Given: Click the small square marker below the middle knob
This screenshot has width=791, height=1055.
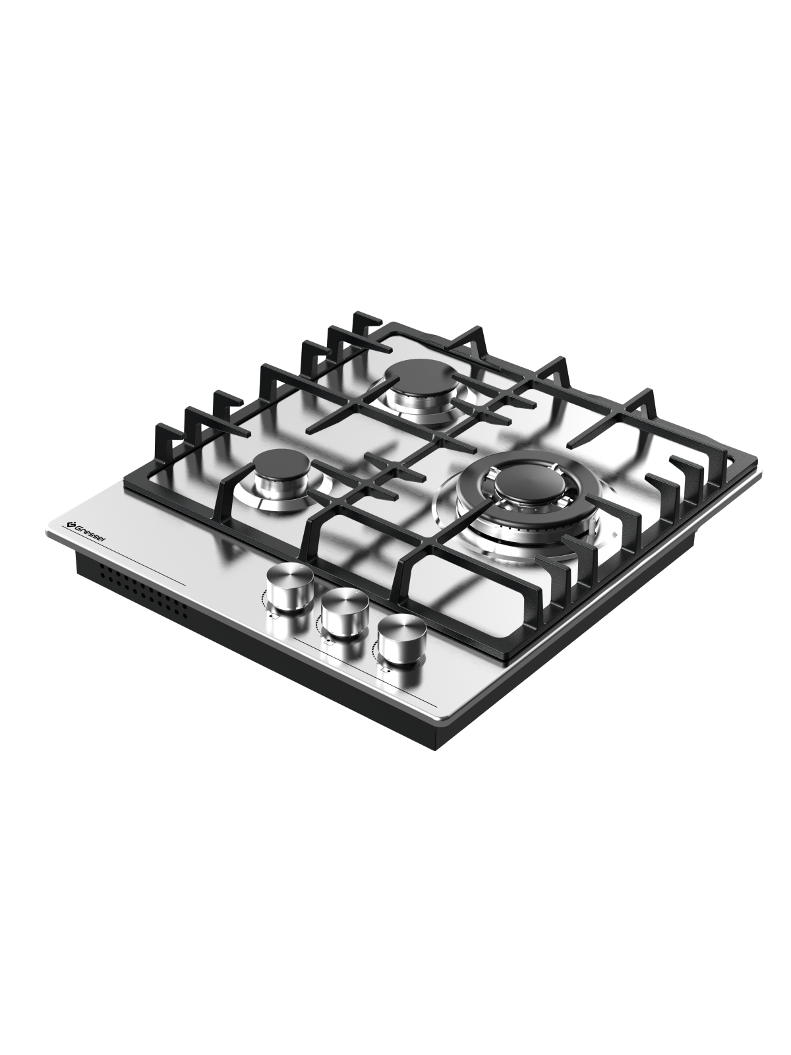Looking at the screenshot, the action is point(328,643).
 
